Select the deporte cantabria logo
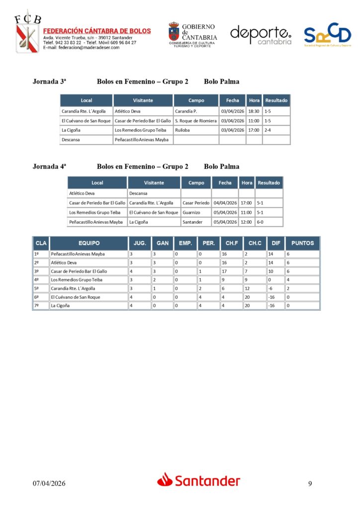pyautogui.click(x=261, y=35)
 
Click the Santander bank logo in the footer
pyautogui.click(x=199, y=480)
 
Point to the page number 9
pyautogui.click(x=310, y=483)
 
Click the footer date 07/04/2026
pyautogui.click(x=49, y=483)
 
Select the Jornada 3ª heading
pyautogui.click(x=49, y=82)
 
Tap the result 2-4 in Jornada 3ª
pyautogui.click(x=268, y=130)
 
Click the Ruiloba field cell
pyautogui.click(x=183, y=130)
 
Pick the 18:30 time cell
pyautogui.click(x=254, y=111)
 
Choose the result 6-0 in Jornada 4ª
pyautogui.click(x=260, y=222)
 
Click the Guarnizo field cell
pyautogui.click(x=191, y=212)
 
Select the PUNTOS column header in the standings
pyautogui.click(x=302, y=243)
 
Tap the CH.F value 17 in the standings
pyautogui.click(x=225, y=271)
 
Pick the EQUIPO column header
pyautogui.click(x=89, y=243)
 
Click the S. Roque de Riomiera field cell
pyautogui.click(x=195, y=121)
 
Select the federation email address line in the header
pyautogui.click(x=82, y=48)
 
